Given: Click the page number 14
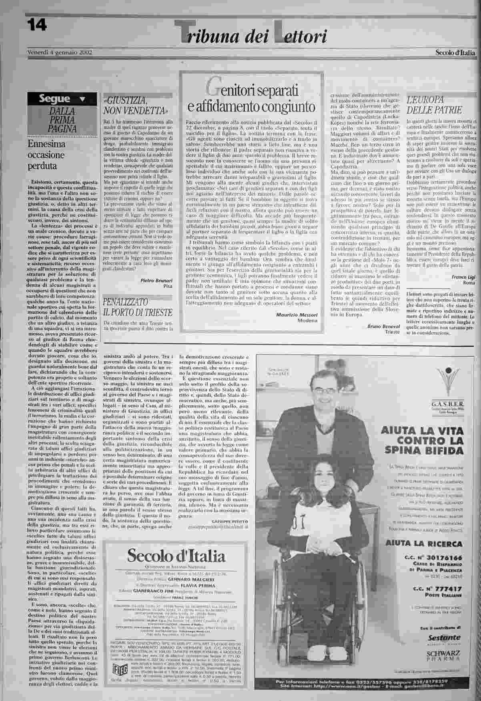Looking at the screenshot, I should tap(37, 25).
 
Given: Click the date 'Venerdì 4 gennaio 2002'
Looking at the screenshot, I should tap(60, 52).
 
